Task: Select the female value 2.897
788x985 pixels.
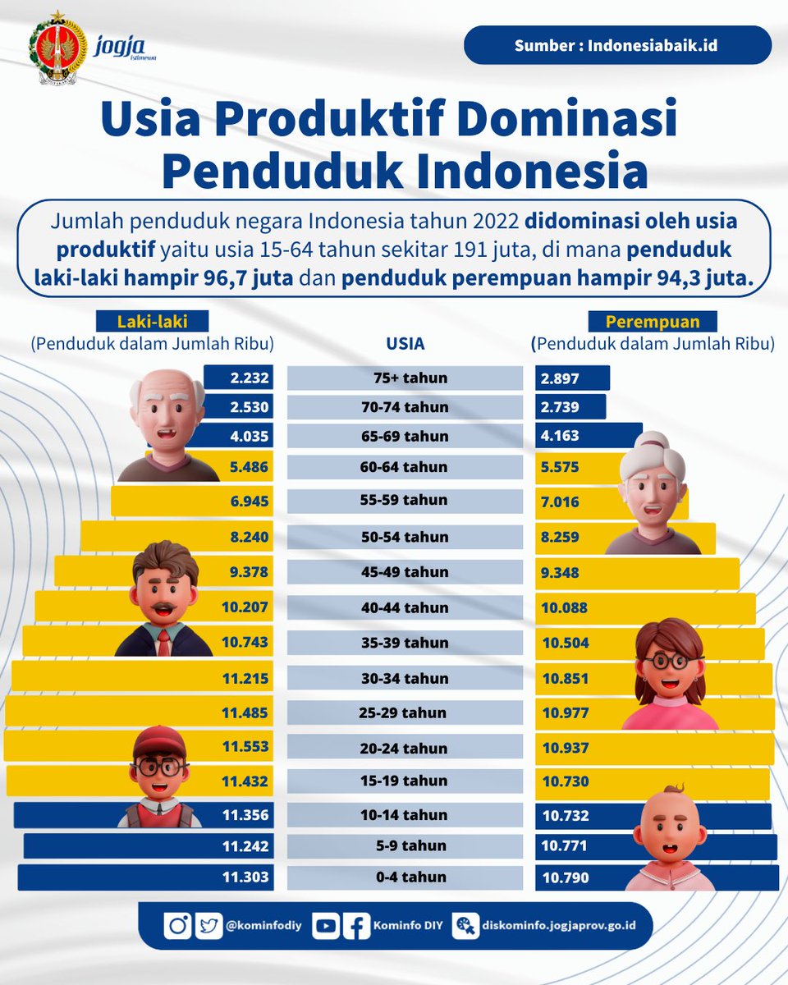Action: coord(561,378)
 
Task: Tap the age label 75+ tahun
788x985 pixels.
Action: coord(405,378)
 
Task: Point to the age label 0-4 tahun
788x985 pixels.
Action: coord(405,877)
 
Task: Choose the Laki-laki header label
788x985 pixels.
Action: coord(153,322)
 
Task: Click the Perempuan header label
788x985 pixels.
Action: coord(653,322)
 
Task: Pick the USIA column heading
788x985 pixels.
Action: coord(405,345)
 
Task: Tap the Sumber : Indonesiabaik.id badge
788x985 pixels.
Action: coord(616,45)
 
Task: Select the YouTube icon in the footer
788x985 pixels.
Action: coord(326,926)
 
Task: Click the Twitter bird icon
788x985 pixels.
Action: coord(209,926)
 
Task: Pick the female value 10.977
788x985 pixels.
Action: coord(566,713)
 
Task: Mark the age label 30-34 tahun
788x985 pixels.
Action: coord(405,679)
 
